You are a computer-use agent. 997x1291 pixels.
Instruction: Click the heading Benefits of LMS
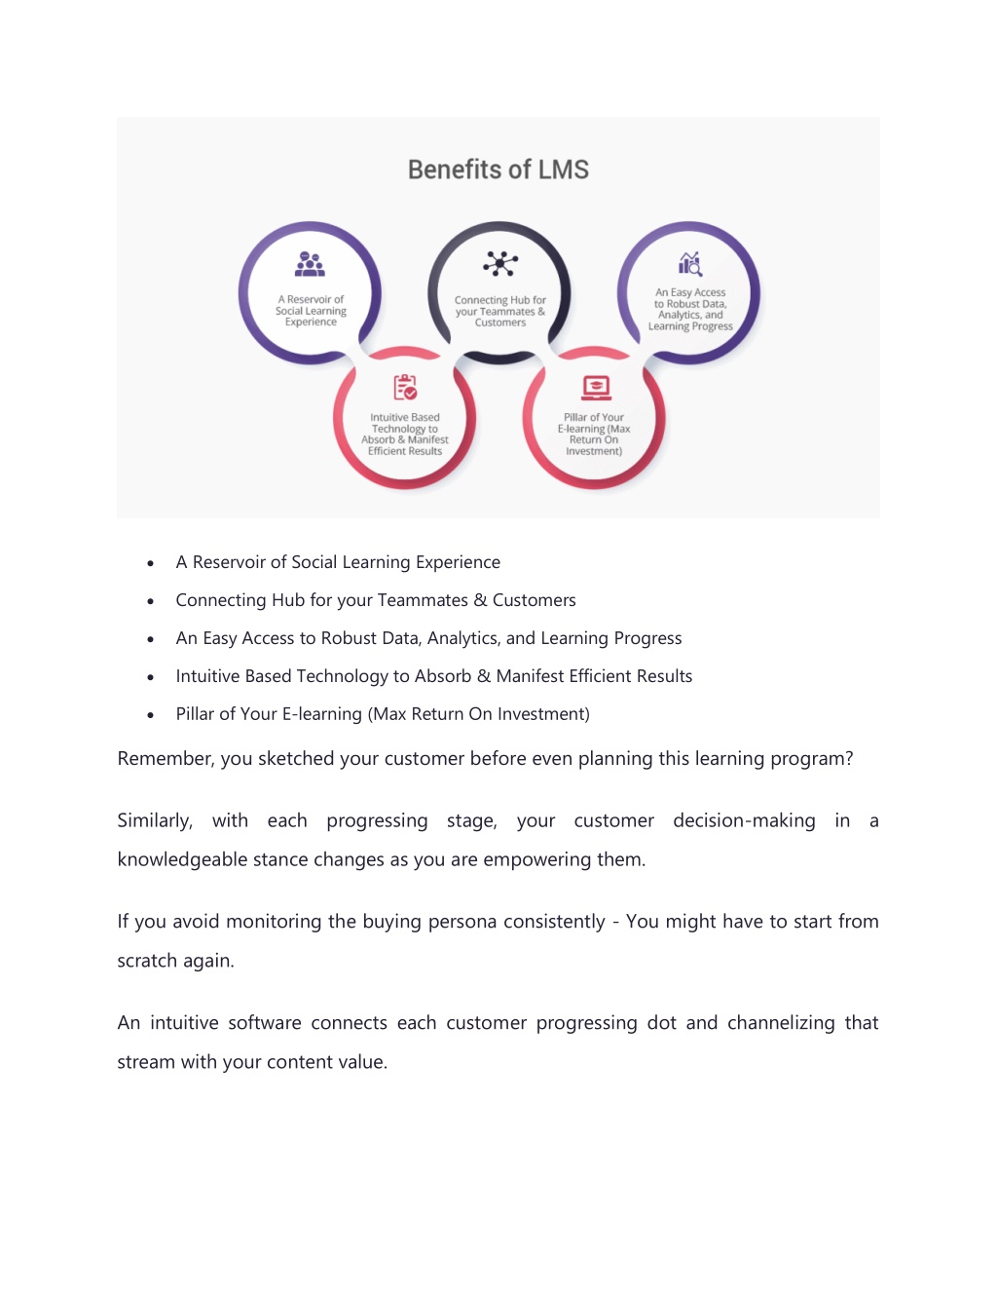[x=498, y=170]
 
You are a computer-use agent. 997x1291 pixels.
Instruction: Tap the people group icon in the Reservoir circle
[x=310, y=264]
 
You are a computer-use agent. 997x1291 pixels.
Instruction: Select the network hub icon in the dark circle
[x=500, y=263]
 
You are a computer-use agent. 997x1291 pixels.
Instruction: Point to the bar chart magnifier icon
[x=690, y=264]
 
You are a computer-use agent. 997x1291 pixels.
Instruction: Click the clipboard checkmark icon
[x=405, y=387]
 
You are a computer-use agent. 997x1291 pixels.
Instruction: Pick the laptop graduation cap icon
[x=596, y=388]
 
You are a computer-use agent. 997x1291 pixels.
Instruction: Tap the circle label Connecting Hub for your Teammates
[x=500, y=312]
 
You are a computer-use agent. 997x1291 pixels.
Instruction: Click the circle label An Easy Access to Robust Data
[x=690, y=309]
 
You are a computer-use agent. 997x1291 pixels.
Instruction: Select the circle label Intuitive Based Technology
[x=405, y=435]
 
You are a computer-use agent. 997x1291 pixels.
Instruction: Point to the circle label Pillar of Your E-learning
[x=594, y=435]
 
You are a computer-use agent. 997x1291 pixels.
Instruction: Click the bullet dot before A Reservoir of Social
[x=151, y=563]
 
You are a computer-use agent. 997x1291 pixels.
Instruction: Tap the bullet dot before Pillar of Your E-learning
[x=151, y=715]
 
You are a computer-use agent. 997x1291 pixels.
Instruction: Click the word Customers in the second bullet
[x=535, y=600]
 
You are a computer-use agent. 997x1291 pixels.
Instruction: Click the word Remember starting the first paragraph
[x=166, y=759]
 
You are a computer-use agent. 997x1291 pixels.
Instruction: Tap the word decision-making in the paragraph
[x=744, y=821]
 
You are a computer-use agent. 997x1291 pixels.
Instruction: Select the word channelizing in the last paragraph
[x=781, y=1023]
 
